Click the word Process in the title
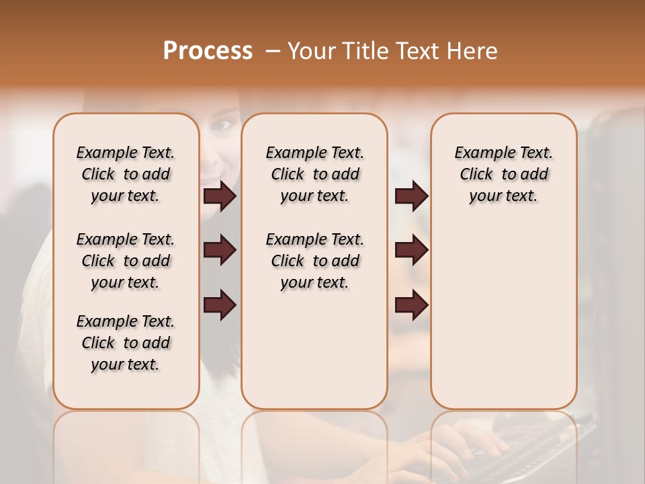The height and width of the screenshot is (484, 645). [208, 51]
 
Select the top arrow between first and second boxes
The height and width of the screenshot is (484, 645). [220, 196]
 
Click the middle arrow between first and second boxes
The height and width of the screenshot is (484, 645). [220, 250]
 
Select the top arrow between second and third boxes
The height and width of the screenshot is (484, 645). [411, 196]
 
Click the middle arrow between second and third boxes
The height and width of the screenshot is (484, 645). [411, 250]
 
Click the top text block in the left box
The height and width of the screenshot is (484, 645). [126, 174]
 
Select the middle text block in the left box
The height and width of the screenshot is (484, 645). [126, 261]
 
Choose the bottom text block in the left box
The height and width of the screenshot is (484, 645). [126, 343]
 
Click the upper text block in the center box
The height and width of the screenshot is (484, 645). [314, 174]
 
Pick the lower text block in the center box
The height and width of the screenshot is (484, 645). [314, 261]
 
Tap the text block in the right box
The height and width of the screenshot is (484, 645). [503, 174]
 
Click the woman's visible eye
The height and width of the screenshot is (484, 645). [225, 125]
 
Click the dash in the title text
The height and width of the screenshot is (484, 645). [273, 51]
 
